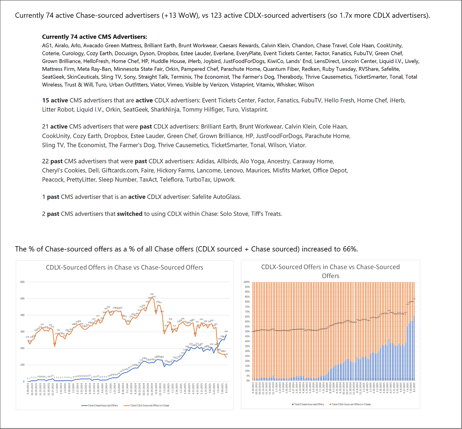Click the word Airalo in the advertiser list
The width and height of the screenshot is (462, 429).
pos(61,46)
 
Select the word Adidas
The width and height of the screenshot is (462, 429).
pos(205,161)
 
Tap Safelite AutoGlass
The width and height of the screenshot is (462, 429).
pos(216,197)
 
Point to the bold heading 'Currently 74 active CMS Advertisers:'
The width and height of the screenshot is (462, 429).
pos(95,37)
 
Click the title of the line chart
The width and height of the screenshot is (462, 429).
pos(124,267)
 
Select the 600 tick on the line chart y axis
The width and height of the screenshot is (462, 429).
pos(23,282)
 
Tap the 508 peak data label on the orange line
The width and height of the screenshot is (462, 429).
pos(152,294)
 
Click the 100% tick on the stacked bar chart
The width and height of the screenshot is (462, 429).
pos(247,282)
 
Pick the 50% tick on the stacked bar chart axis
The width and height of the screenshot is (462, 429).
pos(247,331)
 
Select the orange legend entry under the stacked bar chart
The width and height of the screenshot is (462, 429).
pos(350,404)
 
